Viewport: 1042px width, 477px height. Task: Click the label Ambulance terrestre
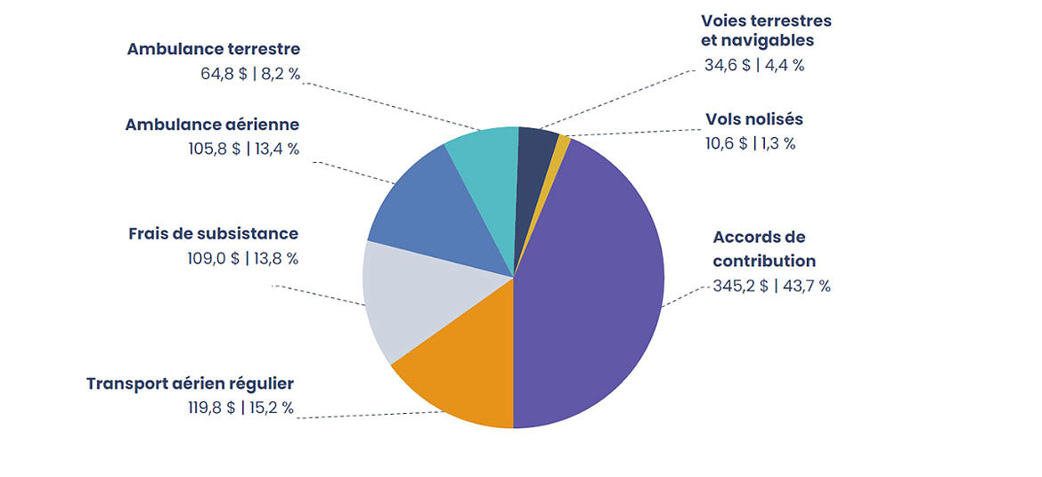coord(213,49)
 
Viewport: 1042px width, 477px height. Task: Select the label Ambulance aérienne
coord(212,125)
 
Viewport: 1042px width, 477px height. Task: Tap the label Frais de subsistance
coord(213,234)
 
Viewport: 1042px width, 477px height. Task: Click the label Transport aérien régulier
coord(190,384)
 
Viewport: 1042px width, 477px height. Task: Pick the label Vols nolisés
coord(754,119)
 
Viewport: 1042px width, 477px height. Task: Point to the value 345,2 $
coord(740,287)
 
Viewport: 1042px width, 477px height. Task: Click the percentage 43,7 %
coord(803,287)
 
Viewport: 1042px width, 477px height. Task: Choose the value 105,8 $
coord(210,150)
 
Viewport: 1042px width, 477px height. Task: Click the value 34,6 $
coord(727,65)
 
